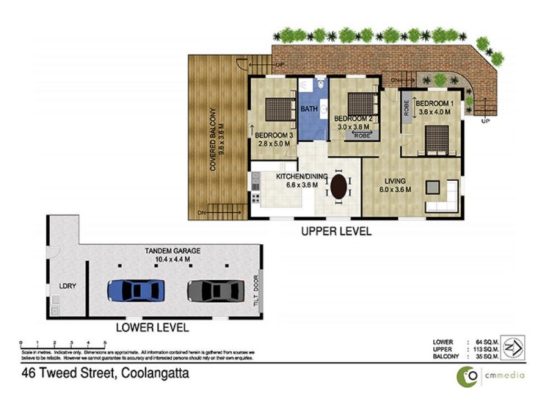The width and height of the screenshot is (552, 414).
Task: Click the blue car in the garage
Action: (x=136, y=289)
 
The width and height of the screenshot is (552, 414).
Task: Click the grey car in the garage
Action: (x=215, y=290)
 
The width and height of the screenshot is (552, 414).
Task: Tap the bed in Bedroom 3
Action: (x=278, y=109)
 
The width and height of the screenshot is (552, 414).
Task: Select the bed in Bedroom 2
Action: (x=360, y=106)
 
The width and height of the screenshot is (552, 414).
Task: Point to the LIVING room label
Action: (x=395, y=181)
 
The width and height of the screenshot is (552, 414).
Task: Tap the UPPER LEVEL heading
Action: (x=336, y=232)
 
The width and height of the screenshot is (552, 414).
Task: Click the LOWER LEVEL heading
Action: (x=152, y=328)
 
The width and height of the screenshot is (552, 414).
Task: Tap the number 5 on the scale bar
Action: (x=105, y=342)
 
